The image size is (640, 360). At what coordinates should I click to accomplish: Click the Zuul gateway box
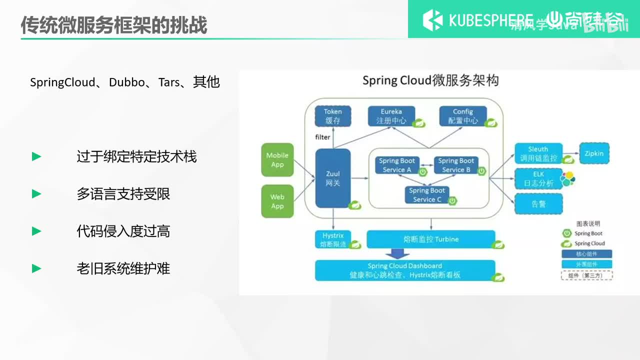332,178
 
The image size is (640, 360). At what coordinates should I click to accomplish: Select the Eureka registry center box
391,116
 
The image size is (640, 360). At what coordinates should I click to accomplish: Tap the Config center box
462,116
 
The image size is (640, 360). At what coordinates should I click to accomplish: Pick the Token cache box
332,116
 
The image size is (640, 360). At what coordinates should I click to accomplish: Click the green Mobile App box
277,160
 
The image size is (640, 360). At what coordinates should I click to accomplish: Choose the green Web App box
277,201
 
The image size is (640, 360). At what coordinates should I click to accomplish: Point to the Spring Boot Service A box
397,165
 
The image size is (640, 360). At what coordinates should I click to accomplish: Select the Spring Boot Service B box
456,165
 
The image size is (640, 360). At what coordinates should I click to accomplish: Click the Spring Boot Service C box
427,194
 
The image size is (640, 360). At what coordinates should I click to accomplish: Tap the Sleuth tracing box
538,153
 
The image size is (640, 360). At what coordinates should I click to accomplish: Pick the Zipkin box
593,153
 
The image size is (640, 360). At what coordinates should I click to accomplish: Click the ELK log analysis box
538,178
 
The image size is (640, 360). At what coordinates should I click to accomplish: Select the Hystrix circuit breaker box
332,239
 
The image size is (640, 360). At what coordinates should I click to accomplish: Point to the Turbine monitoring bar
430,239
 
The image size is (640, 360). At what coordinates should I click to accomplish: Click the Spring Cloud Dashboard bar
405,270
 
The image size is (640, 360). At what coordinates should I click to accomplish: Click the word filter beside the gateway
322,137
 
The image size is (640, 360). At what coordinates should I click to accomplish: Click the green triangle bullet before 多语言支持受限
36,194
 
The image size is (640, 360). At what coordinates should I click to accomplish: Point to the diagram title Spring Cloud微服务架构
430,80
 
